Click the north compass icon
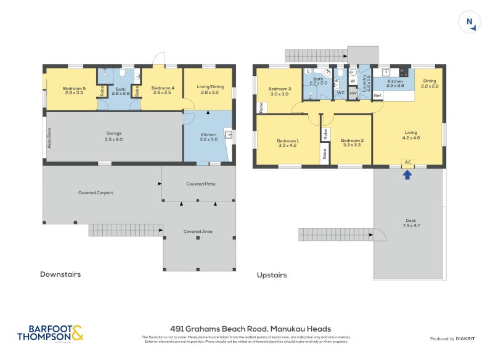coord(470,23)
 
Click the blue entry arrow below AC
coord(407,174)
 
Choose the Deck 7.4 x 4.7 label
coord(411,223)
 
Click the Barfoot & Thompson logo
coord(51,333)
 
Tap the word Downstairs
coord(60,274)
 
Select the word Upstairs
coord(272,275)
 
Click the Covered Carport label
coord(96,193)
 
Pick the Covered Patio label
coord(201,184)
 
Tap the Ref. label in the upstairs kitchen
coord(378,96)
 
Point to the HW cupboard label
coord(352,93)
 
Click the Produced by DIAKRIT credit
coord(455,339)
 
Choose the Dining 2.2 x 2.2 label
coord(430,84)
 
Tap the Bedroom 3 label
coord(279,91)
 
